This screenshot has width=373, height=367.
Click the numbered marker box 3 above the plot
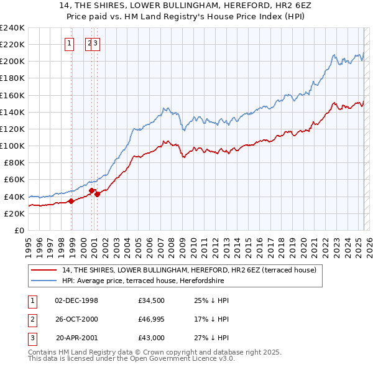click(x=97, y=44)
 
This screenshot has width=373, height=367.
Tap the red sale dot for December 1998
click(x=71, y=201)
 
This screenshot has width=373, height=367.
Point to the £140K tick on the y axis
click(x=12, y=112)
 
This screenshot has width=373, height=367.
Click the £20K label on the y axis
click(x=14, y=213)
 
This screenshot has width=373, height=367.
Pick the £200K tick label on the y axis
click(x=12, y=62)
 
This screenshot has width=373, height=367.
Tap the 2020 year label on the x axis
click(x=303, y=243)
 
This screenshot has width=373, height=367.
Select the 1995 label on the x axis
click(x=29, y=243)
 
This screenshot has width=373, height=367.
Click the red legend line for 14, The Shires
click(x=45, y=270)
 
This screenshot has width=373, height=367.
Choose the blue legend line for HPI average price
click(x=45, y=281)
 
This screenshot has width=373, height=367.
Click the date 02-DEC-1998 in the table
click(x=76, y=300)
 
